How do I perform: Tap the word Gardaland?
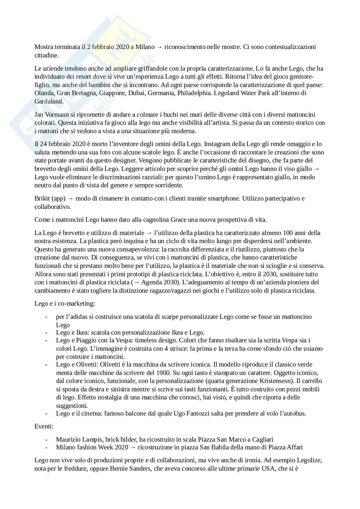click(x=49, y=101)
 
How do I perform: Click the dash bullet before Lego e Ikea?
click(x=47, y=333)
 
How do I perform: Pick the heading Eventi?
click(x=44, y=426)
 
